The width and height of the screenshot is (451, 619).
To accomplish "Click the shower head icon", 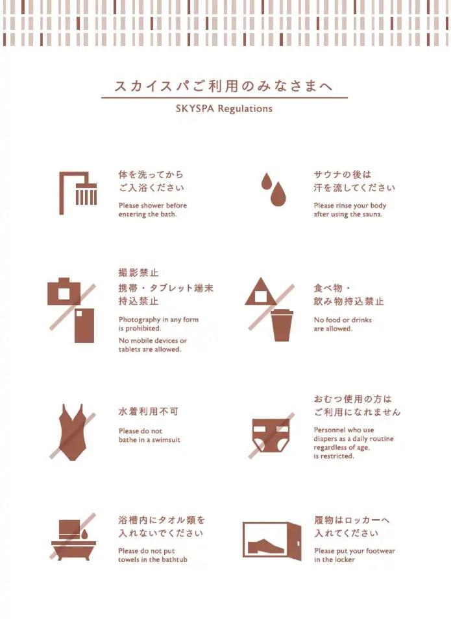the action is click(86, 194).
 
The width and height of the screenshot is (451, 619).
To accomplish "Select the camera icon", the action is click(64, 292).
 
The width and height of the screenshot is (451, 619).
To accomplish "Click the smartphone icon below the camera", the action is click(84, 325).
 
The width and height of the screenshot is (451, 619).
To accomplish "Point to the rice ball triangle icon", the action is click(260, 292).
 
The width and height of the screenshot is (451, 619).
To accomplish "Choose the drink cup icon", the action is click(282, 325).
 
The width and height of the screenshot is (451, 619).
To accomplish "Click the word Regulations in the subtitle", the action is click(245, 109).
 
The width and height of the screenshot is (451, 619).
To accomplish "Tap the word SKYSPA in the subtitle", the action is click(195, 108).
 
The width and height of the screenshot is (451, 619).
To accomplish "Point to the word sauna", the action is click(372, 215).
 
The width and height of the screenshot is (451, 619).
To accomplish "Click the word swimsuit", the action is click(166, 439).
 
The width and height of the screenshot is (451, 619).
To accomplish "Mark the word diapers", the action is click(326, 439).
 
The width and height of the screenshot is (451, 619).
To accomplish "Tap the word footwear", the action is click(380, 551).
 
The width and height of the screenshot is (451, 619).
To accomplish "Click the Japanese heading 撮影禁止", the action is click(138, 272).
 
